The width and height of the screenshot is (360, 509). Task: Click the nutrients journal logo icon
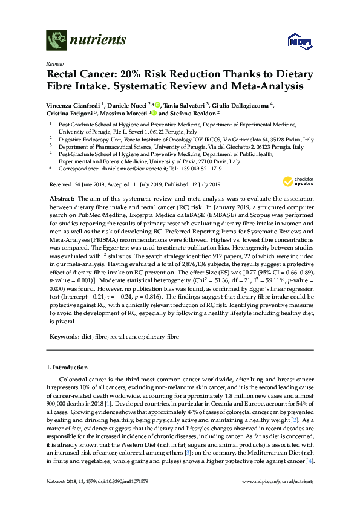pyautogui.click(x=57, y=40)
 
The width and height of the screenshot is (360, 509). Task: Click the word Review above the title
pyautogui.click(x=54, y=63)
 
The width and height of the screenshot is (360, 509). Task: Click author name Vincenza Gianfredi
pyautogui.click(x=72, y=104)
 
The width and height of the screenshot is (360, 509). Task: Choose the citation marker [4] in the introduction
pyautogui.click(x=310, y=461)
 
